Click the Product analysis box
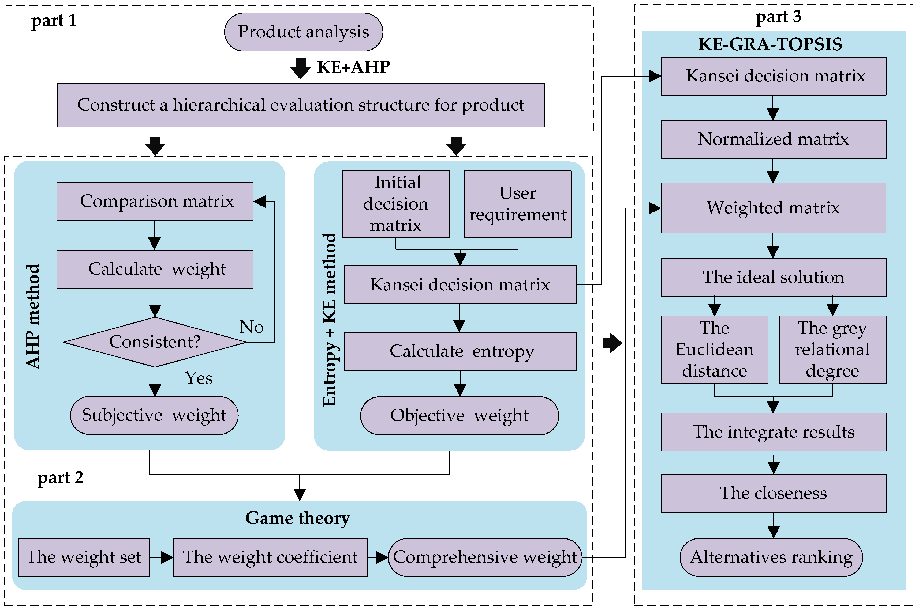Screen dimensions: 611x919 [304, 32]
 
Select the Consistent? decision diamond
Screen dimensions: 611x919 [155, 342]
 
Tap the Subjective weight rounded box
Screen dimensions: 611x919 [154, 415]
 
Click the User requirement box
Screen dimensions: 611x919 [518, 204]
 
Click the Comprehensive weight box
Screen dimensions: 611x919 [485, 557]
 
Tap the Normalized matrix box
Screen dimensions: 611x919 [773, 139]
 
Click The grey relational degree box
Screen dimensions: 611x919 [832, 350]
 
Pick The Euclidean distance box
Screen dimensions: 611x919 [714, 350]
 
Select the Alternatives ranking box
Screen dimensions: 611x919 [771, 557]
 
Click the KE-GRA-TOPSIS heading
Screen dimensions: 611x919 [770, 44]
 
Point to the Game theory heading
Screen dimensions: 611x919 [298, 518]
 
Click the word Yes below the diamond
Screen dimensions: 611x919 [199, 378]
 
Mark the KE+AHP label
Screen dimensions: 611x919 [353, 67]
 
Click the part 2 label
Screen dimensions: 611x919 [61, 477]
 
